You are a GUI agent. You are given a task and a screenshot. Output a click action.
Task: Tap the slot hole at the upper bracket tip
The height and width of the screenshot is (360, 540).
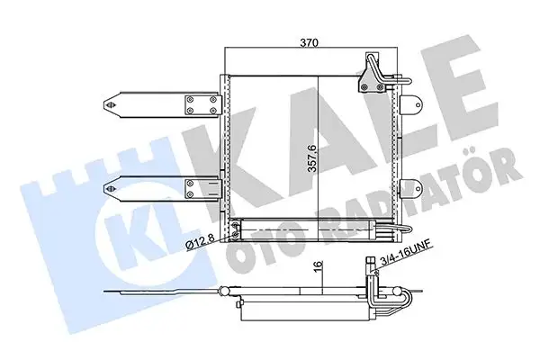coord(112,103)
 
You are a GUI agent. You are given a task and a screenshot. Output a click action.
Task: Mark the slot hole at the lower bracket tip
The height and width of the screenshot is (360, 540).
coord(112,188)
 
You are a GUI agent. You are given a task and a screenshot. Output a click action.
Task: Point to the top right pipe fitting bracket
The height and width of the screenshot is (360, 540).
coord(372,74)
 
